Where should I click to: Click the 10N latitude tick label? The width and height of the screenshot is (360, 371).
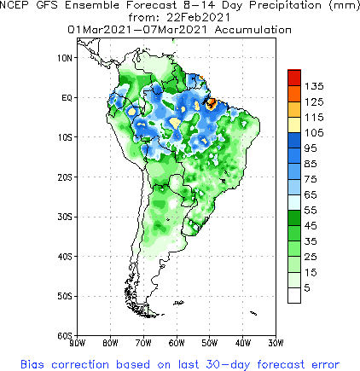[64, 57]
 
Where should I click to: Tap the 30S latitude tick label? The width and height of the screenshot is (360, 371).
[64, 217]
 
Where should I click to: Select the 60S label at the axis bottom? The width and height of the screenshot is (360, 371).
[64, 335]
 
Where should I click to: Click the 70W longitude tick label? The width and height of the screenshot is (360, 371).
[142, 344]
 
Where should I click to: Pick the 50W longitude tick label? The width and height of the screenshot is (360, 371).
[209, 344]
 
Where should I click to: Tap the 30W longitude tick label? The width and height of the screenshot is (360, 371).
[276, 344]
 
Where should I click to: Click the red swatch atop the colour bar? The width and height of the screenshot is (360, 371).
[293, 78]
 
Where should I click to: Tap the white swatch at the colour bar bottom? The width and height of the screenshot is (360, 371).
[293, 294]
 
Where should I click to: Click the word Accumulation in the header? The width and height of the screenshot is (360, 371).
[248, 29]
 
